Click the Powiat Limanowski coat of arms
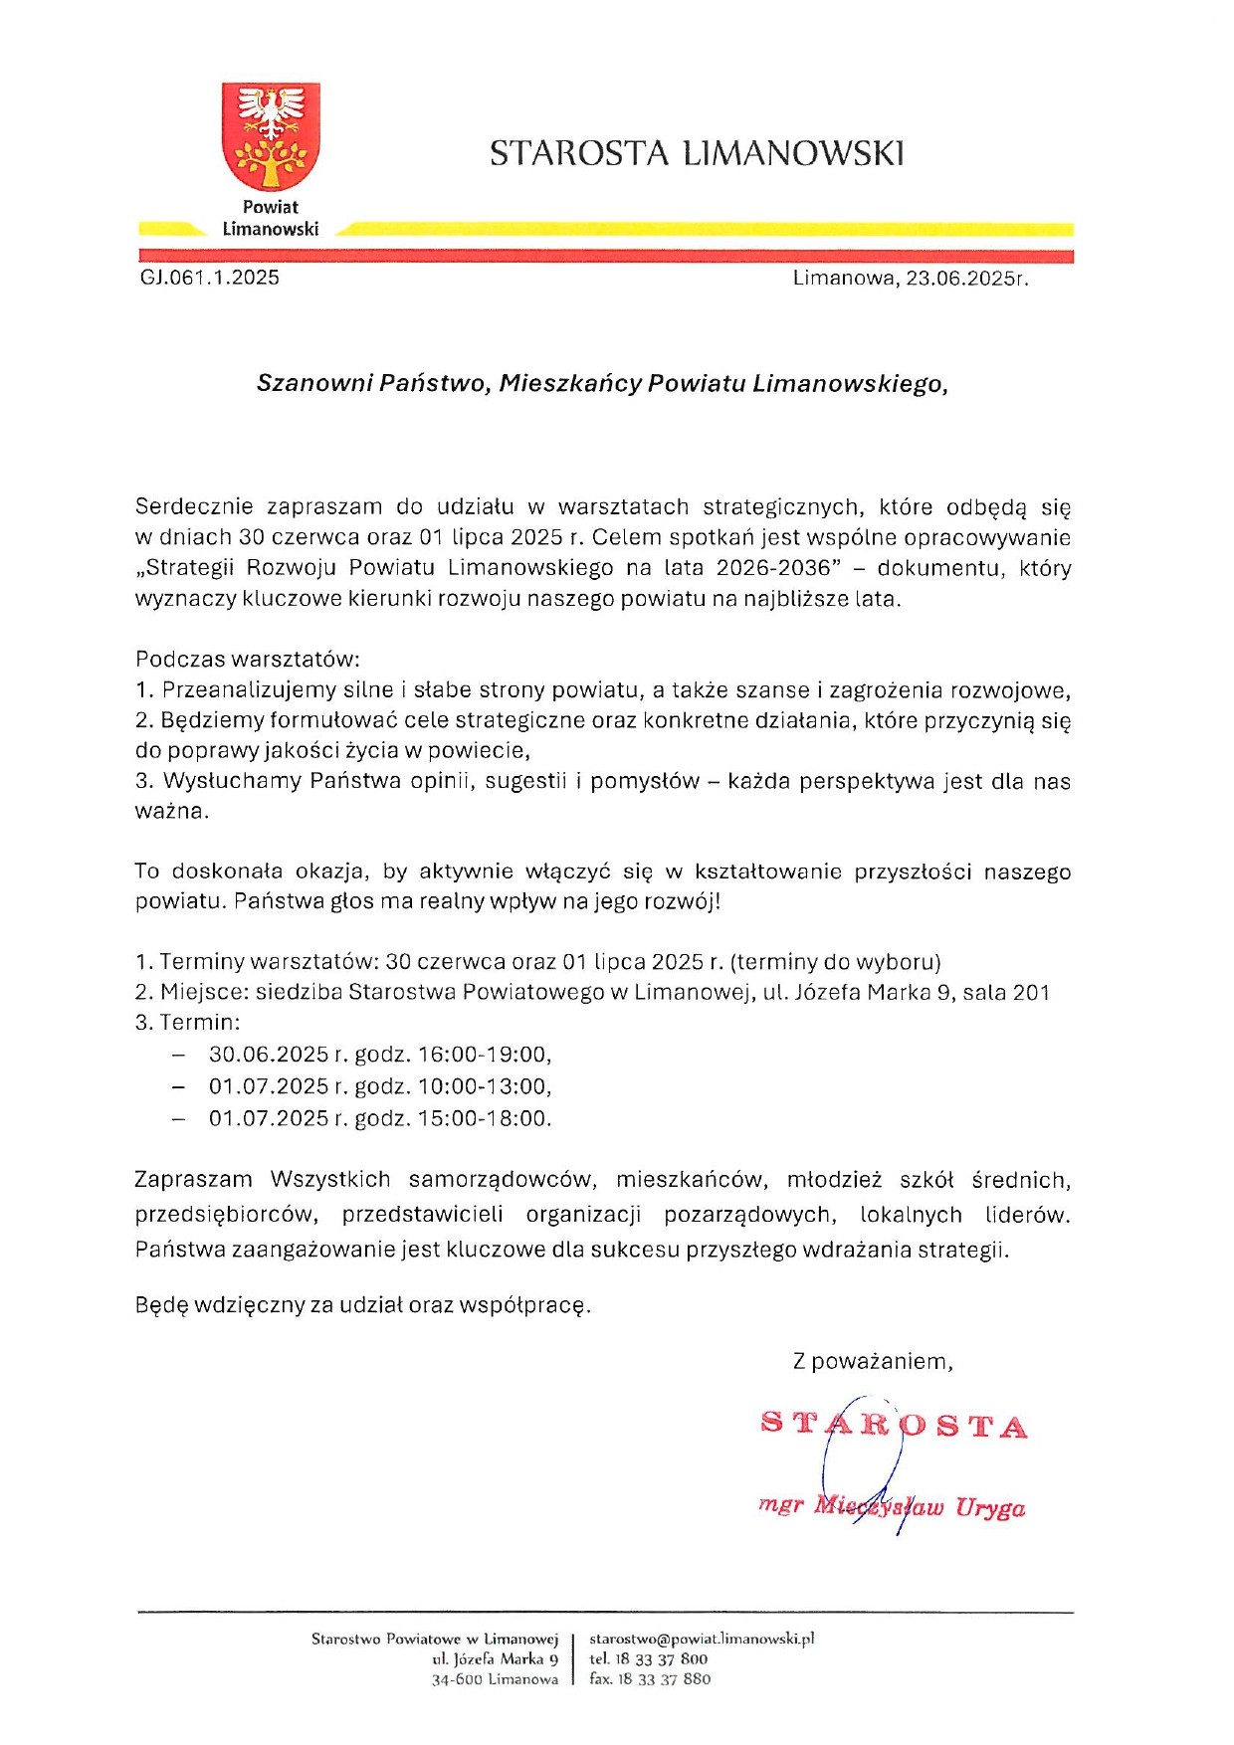[x=271, y=137]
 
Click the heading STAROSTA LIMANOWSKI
[x=697, y=153]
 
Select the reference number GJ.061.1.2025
[x=210, y=278]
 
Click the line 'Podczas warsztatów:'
[x=248, y=659]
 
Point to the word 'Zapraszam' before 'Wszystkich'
[x=194, y=1180]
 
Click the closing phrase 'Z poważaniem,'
[x=873, y=1361]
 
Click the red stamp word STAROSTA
[x=894, y=1426]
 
